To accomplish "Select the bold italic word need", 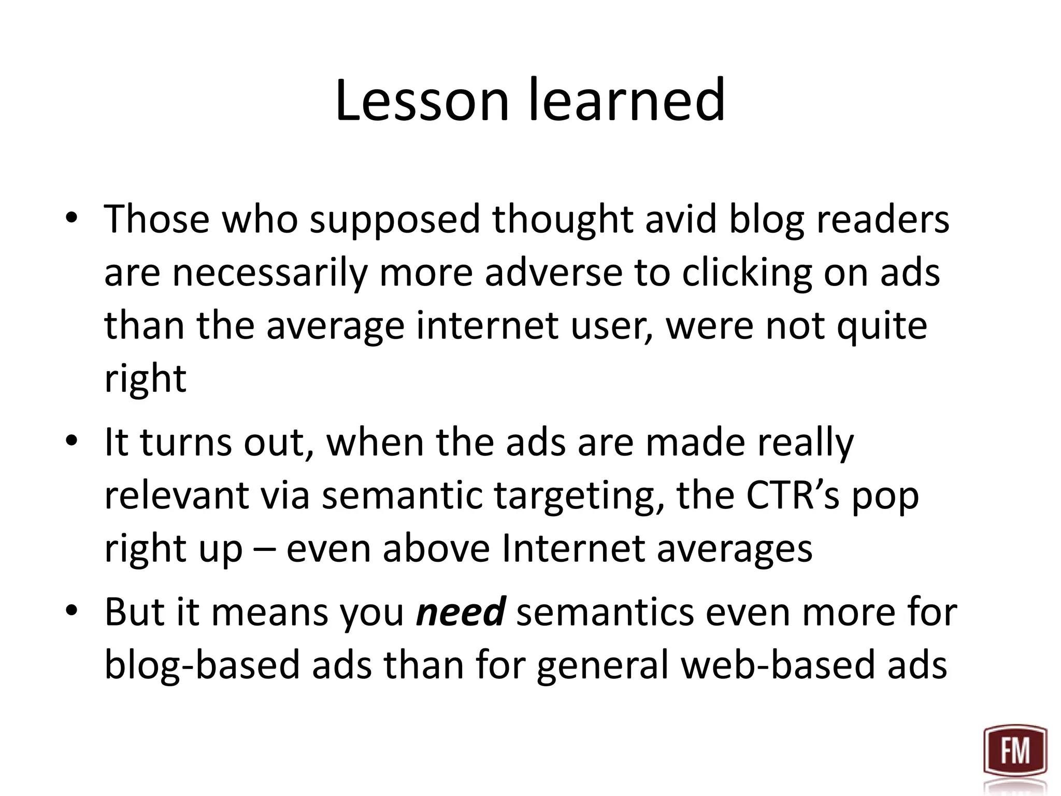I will click(461, 612).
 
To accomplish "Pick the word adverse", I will click(553, 273).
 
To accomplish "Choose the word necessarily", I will click(269, 273).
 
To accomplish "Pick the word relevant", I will click(176, 495).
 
